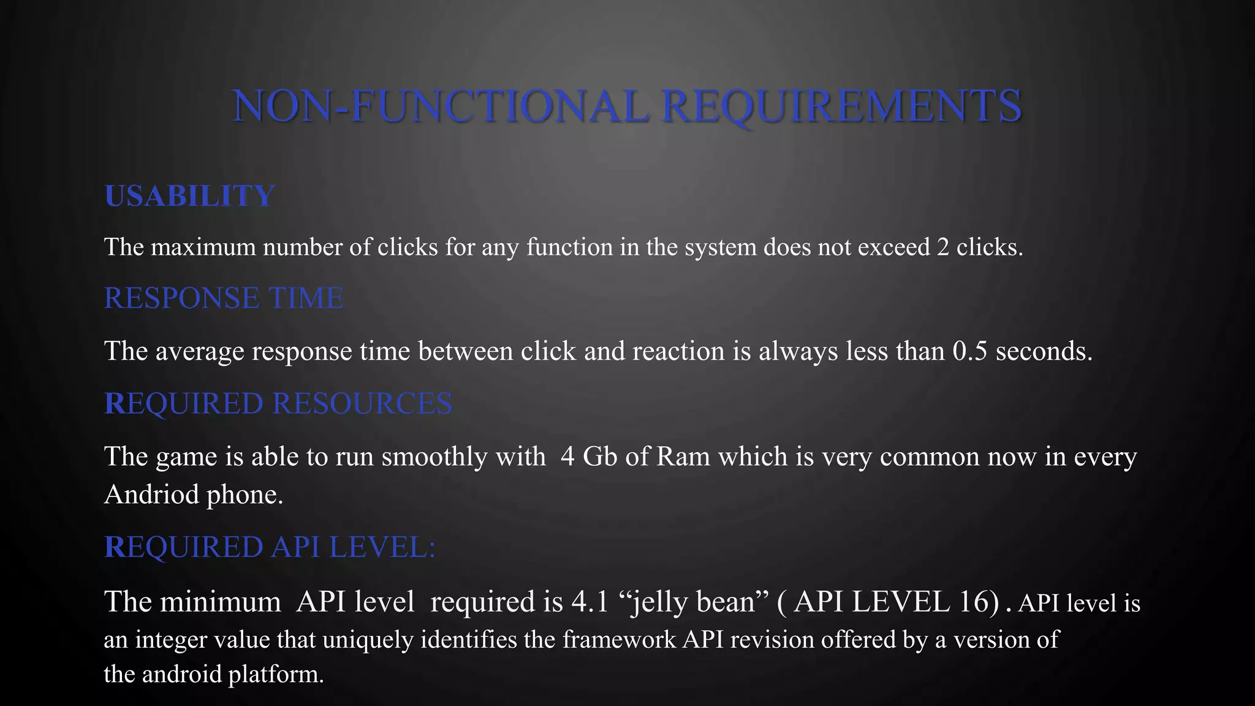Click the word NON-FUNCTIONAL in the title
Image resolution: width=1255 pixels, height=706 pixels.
click(440, 106)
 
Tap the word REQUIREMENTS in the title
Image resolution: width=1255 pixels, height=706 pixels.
click(842, 106)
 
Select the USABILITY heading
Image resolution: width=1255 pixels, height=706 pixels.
click(189, 196)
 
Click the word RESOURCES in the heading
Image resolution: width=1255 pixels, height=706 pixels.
click(362, 404)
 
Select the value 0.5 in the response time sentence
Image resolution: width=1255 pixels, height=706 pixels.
click(969, 351)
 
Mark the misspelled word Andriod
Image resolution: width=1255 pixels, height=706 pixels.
click(151, 494)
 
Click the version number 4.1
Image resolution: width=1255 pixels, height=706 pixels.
click(590, 602)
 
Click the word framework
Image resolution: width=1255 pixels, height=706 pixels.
click(619, 640)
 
